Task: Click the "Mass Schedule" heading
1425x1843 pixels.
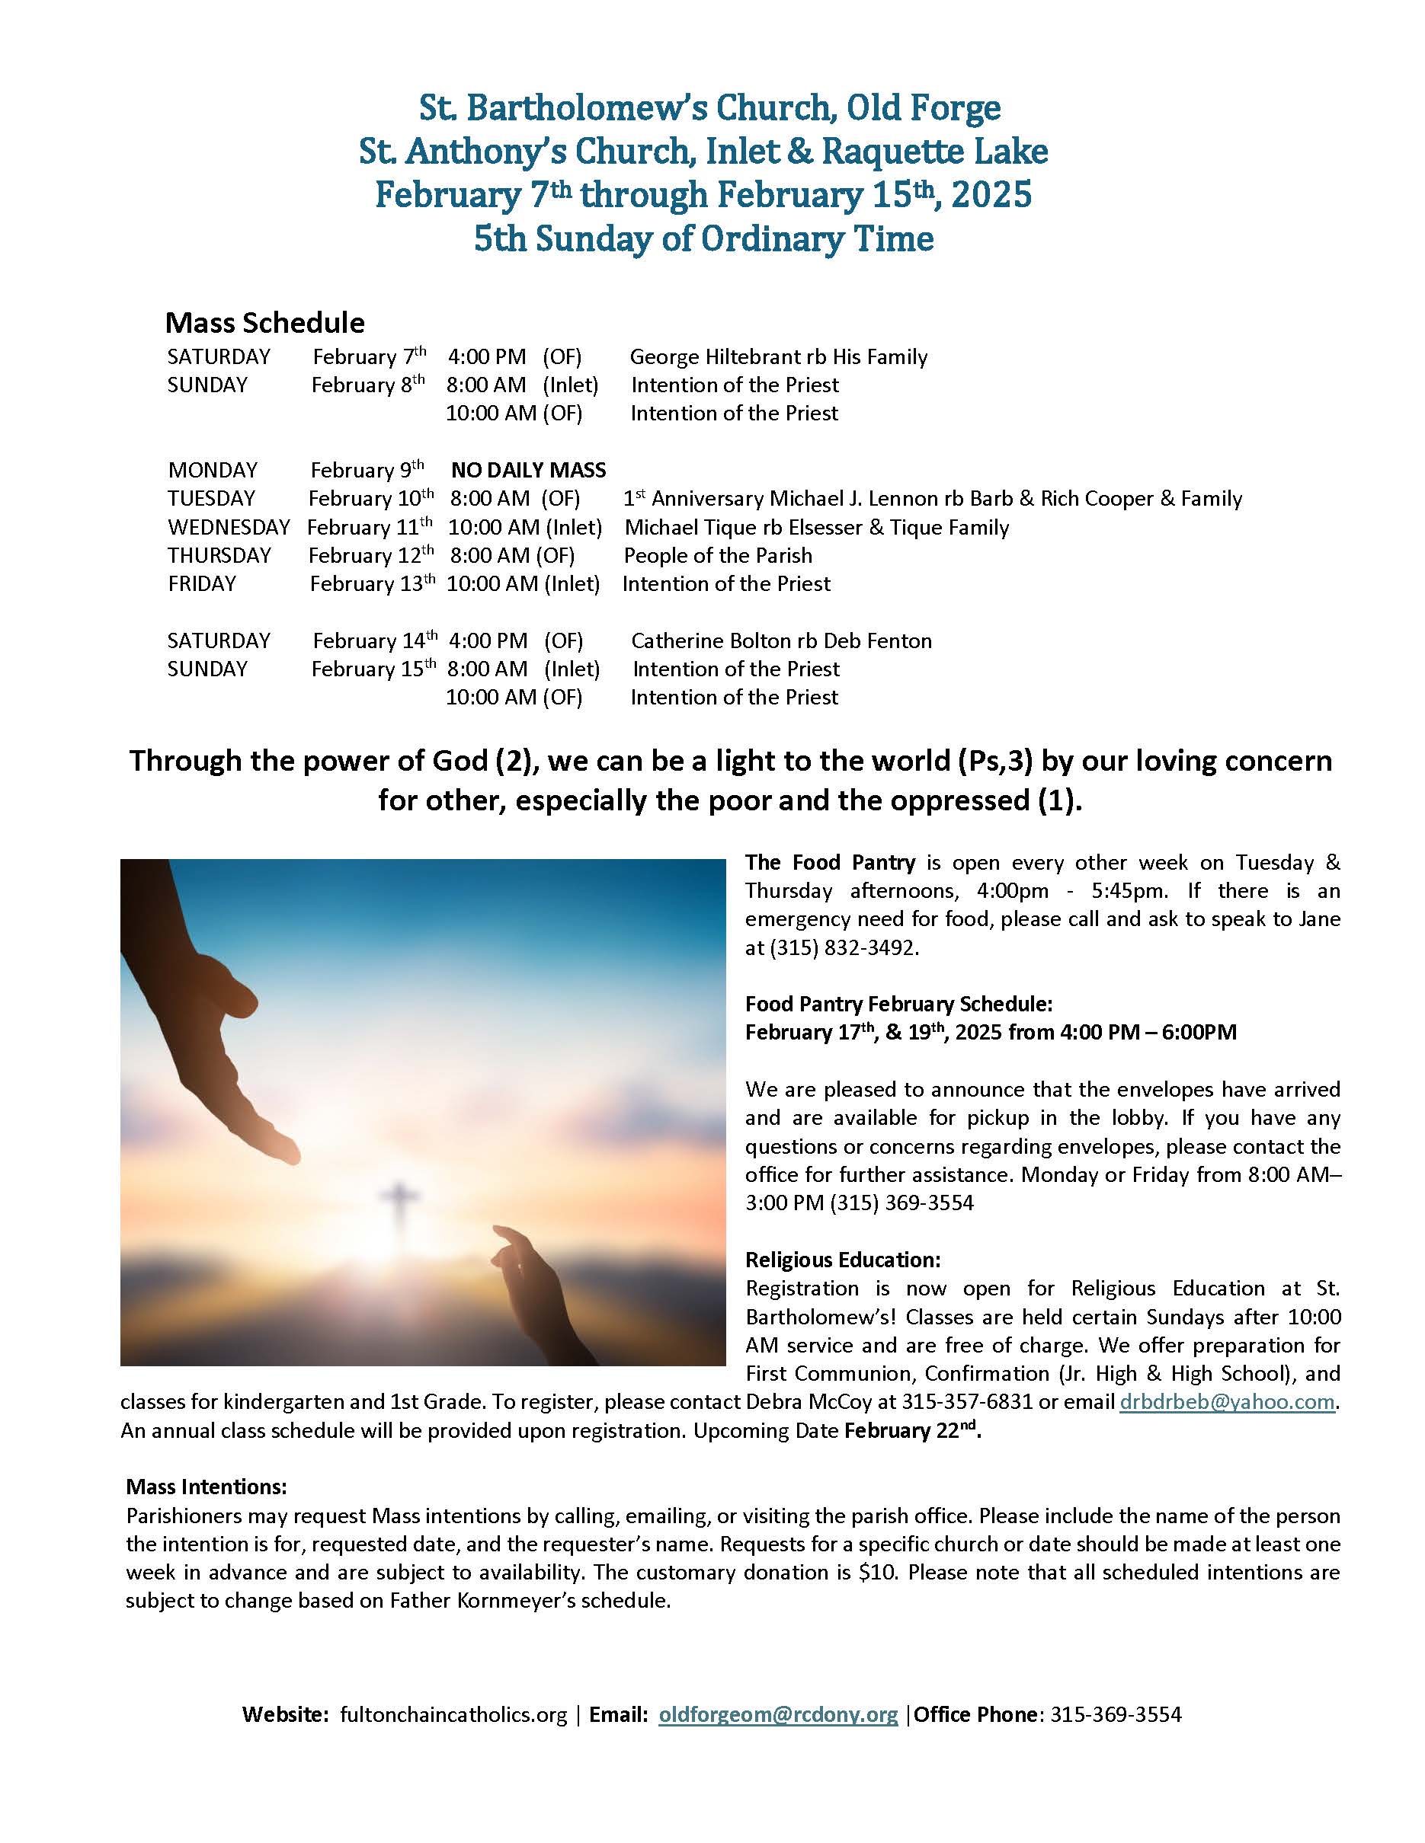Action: (264, 322)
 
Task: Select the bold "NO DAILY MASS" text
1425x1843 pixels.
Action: (528, 470)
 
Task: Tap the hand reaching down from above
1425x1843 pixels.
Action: (219, 1046)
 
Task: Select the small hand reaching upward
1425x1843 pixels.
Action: (540, 1291)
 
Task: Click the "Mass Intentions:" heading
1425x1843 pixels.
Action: (207, 1486)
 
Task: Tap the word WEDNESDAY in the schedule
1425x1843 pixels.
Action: (229, 528)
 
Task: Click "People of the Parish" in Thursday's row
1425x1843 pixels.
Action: (718, 555)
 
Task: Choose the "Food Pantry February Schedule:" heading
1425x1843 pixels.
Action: (899, 1005)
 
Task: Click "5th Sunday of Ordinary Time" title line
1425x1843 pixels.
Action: (703, 239)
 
